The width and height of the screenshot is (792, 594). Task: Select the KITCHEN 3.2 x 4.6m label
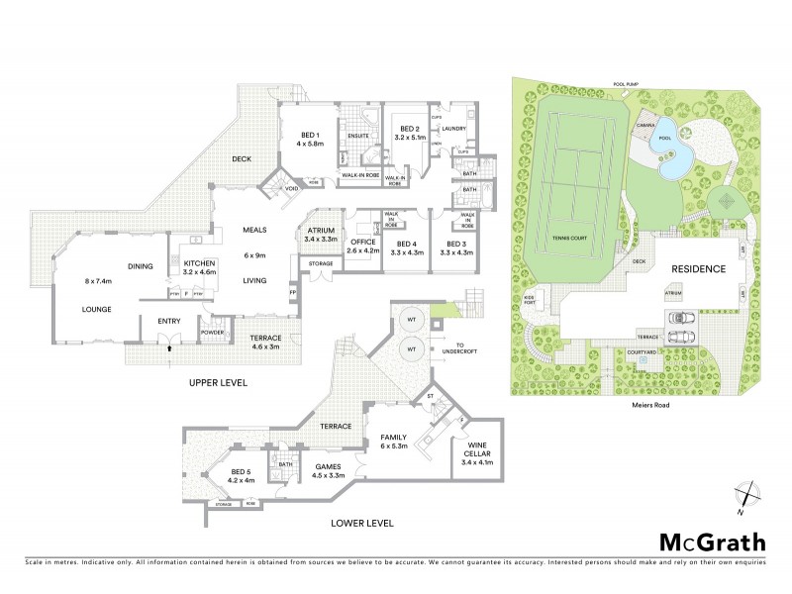click(x=199, y=266)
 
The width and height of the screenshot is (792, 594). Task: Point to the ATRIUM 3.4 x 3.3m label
click(x=322, y=234)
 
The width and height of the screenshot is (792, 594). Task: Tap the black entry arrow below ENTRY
click(x=169, y=347)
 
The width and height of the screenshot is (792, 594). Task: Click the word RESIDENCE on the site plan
click(x=700, y=269)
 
